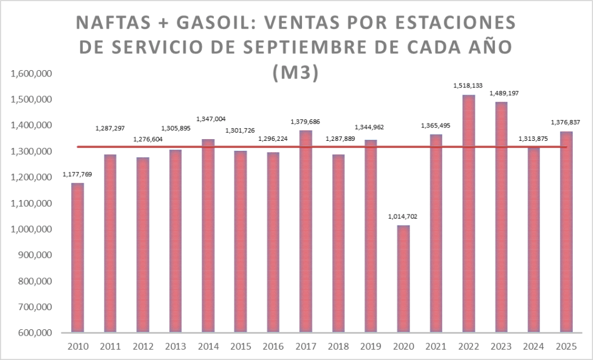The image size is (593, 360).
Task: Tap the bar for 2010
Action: tap(77, 257)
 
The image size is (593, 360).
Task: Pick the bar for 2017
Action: tap(305, 231)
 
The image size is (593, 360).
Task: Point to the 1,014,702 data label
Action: tap(403, 216)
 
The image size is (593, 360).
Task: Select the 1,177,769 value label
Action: tap(77, 174)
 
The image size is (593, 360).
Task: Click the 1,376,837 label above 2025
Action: tap(566, 122)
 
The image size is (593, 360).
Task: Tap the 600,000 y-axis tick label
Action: tap(34, 333)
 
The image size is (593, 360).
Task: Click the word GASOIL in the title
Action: tap(210, 24)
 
